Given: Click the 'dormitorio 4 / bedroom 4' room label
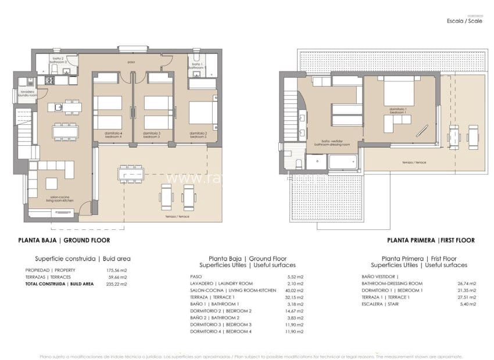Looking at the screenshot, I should [x=113, y=134].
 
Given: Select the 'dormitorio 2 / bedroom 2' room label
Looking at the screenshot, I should [x=199, y=134].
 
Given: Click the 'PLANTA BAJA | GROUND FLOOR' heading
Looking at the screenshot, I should [x=64, y=240].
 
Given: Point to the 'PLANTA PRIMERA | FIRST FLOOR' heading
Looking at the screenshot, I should [x=431, y=240].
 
